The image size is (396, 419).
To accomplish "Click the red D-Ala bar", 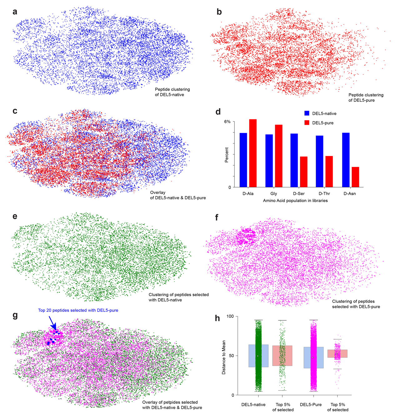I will [x=253, y=153].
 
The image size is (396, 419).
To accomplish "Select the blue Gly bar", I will [x=269, y=161].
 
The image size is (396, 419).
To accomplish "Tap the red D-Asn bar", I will [x=355, y=177].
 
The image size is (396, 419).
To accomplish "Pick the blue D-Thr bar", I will [x=319, y=161].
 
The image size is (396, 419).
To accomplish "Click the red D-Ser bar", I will [x=304, y=172].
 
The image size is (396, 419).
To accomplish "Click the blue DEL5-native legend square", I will [x=307, y=113].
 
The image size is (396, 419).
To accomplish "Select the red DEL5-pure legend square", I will [x=307, y=123].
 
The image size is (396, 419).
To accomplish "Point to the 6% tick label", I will [x=227, y=122].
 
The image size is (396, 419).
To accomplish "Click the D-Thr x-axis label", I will [x=324, y=194].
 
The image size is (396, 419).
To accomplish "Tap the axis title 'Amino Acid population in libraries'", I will [x=295, y=200].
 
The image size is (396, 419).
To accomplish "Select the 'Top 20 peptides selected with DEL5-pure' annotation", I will [x=78, y=310].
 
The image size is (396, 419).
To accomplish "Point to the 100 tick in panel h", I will [x=230, y=316].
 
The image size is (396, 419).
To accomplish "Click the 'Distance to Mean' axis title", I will [x=224, y=357].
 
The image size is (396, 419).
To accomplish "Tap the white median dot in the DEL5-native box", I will [x=258, y=356].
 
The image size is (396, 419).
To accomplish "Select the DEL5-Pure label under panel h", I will [x=311, y=405].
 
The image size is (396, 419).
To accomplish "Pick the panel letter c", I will [x=15, y=111].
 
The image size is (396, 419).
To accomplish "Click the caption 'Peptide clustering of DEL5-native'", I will [x=172, y=92].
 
